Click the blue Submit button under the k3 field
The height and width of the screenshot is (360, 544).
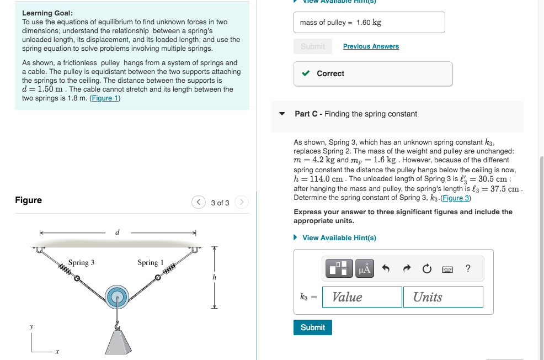click(313, 327)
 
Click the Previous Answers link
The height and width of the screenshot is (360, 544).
click(371, 46)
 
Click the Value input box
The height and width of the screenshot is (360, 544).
click(362, 297)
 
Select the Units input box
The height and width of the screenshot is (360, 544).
click(442, 297)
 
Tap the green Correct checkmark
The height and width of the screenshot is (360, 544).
click(306, 73)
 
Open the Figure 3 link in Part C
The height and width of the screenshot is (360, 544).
click(455, 198)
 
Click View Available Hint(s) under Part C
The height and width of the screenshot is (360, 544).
click(339, 238)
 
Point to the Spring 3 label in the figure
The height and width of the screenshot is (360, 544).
click(81, 263)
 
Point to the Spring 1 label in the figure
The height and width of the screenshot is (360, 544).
click(151, 263)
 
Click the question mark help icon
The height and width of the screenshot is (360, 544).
click(468, 269)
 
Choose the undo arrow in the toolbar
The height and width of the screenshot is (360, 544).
click(386, 269)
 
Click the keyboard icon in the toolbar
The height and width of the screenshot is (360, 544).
click(447, 269)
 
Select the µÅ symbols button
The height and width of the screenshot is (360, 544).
click(365, 269)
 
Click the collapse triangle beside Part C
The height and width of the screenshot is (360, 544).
click(282, 114)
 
